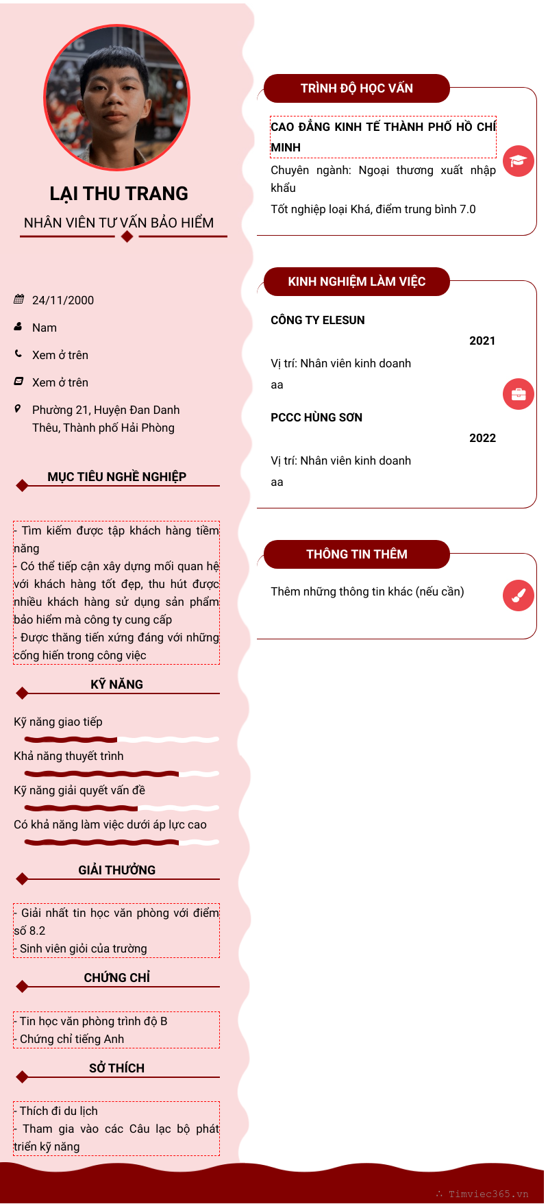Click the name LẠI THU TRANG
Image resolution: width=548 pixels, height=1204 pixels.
(119, 194)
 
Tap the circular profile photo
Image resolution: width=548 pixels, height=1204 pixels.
(117, 98)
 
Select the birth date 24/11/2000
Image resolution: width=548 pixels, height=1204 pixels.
(63, 300)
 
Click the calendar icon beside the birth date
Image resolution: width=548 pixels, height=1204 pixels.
(18, 299)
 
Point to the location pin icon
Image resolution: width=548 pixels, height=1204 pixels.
(18, 409)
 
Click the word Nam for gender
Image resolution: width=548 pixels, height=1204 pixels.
(45, 328)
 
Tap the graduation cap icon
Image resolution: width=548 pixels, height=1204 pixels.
(518, 161)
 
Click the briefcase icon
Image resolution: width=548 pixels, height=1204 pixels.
(518, 394)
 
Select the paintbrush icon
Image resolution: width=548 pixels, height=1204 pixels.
(518, 595)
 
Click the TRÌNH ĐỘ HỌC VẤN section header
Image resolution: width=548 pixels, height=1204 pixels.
(356, 88)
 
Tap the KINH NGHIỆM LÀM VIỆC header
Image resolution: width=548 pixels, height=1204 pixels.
(356, 282)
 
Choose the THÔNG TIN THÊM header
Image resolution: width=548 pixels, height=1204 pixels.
(356, 554)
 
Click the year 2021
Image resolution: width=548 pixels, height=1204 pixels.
(482, 341)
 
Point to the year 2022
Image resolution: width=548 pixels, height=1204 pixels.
(482, 438)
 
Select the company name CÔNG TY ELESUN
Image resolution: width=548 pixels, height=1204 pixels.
(318, 320)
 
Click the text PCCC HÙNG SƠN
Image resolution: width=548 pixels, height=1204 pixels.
(316, 417)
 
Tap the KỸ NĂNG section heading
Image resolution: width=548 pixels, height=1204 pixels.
(116, 685)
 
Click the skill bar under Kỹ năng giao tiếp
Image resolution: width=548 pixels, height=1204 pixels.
(121, 739)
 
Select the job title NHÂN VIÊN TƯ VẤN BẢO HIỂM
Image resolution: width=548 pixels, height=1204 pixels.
(119, 223)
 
